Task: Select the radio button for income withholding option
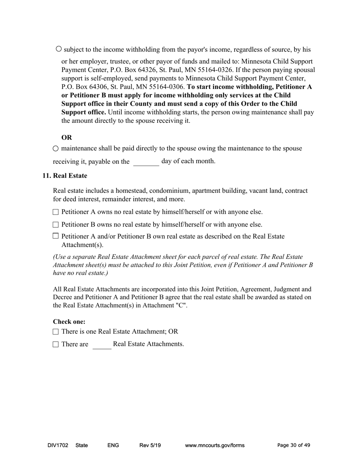point(59,49)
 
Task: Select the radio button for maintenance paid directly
point(56,149)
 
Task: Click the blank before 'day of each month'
point(146,162)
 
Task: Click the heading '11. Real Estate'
point(64,176)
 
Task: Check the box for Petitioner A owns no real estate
point(56,212)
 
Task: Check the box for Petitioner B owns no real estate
point(56,225)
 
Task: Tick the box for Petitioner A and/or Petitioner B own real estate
point(56,236)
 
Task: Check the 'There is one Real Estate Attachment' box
point(56,332)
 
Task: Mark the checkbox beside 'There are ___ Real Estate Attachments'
point(56,344)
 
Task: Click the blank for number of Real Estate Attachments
point(102,345)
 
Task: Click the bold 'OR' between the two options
point(67,138)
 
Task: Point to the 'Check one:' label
point(69,322)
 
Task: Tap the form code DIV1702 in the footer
point(58,446)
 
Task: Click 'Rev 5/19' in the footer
point(150,446)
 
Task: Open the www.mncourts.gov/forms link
point(214,446)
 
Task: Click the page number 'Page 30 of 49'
point(294,446)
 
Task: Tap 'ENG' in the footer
point(113,446)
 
